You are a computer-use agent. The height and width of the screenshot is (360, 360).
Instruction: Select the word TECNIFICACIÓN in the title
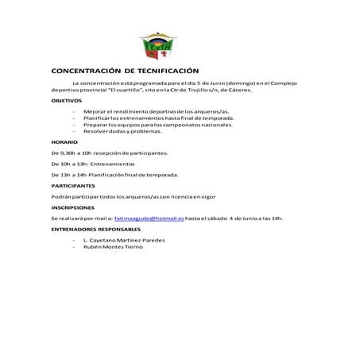tap(165, 71)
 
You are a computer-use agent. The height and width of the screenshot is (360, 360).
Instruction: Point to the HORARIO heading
tap(64, 141)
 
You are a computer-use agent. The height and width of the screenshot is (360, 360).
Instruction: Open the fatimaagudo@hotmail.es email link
tap(149, 217)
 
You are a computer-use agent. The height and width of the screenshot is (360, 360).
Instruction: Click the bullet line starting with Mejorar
tap(156, 112)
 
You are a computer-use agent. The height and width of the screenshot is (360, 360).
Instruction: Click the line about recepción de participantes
tap(109, 151)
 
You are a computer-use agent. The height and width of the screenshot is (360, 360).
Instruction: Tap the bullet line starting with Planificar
tap(157, 118)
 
